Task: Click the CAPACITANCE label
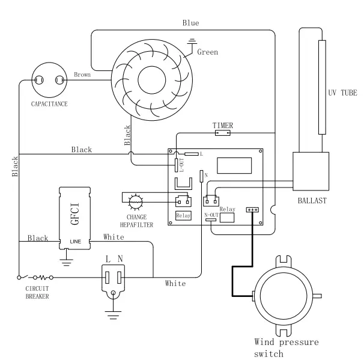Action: (49, 104)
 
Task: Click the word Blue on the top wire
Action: (191, 23)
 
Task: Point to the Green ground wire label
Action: (208, 52)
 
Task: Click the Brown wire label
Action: (82, 75)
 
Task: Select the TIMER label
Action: (223, 125)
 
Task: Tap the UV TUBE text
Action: (342, 93)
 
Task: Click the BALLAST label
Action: (311, 200)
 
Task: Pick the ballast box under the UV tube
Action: (311, 172)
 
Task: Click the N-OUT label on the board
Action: (211, 214)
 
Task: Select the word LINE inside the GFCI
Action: (74, 241)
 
